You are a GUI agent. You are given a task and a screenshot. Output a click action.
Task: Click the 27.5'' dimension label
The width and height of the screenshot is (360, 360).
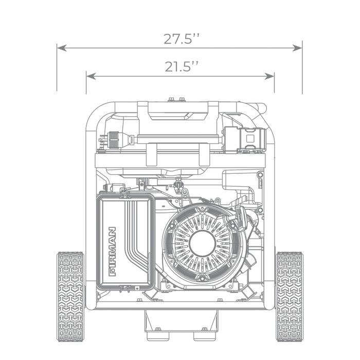(x=182, y=39)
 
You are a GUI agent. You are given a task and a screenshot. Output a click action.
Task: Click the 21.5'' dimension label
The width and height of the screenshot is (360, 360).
(x=182, y=66)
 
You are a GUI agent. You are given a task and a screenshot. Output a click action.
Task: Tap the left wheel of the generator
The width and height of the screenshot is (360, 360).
(x=70, y=296)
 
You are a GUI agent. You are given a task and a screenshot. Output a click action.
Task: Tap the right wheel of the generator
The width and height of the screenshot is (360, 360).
(x=290, y=296)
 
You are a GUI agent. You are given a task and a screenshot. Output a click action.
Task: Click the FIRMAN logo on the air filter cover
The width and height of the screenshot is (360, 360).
(x=112, y=251)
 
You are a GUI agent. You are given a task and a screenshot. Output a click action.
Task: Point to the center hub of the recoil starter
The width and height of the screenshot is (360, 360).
(x=202, y=243)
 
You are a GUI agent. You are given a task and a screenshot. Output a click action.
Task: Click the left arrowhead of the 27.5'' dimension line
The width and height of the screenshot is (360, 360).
(x=62, y=48)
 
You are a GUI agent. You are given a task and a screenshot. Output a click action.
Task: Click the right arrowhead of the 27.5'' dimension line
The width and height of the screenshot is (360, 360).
(x=297, y=48)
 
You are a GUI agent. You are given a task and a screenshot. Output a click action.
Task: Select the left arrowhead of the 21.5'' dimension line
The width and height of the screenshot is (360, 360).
(x=91, y=76)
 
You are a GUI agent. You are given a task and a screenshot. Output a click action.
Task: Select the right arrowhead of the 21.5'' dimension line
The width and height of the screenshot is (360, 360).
(x=269, y=76)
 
